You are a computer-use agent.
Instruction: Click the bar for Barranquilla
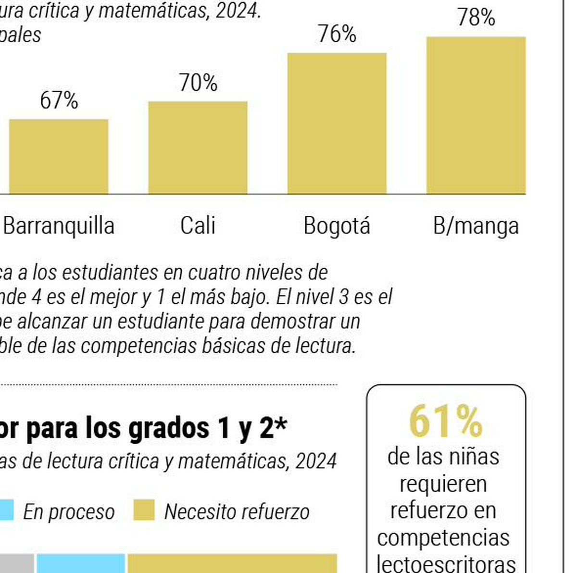(59, 157)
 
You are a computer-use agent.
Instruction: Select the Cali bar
(198, 148)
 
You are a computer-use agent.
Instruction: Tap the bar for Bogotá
(337, 124)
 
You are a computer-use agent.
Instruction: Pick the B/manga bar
(476, 115)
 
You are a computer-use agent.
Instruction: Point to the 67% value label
(59, 100)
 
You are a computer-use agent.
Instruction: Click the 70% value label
(198, 83)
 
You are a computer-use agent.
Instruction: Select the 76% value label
(337, 34)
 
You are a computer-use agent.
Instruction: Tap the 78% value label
(476, 18)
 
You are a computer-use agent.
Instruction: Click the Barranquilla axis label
(59, 226)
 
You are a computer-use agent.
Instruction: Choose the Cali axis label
(198, 226)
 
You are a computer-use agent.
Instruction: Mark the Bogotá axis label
(337, 226)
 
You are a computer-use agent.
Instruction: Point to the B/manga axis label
(476, 226)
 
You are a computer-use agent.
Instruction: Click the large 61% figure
(445, 422)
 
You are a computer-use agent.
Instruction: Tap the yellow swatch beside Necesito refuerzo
(144, 510)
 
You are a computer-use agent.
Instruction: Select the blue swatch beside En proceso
(6, 510)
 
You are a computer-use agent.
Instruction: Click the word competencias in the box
(443, 538)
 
